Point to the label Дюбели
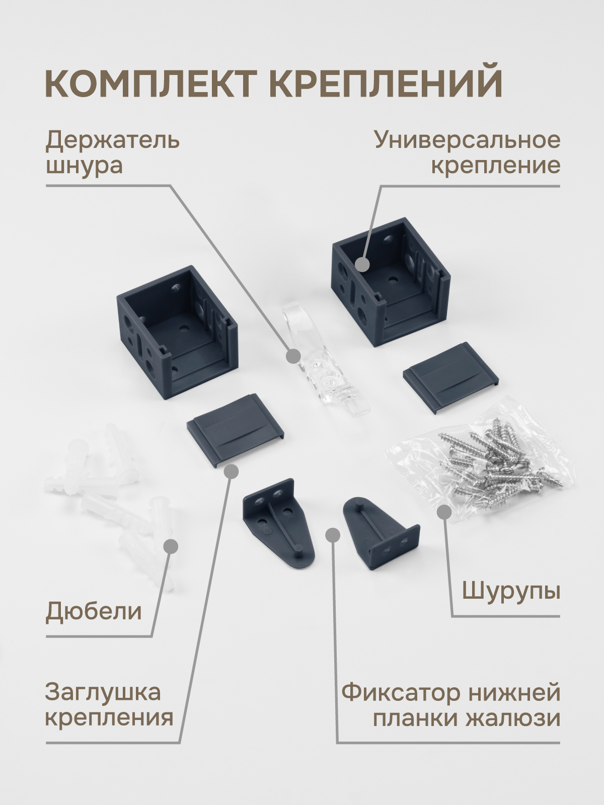(94, 612)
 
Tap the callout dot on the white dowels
(171, 546)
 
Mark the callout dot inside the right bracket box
(362, 264)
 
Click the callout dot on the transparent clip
(293, 356)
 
